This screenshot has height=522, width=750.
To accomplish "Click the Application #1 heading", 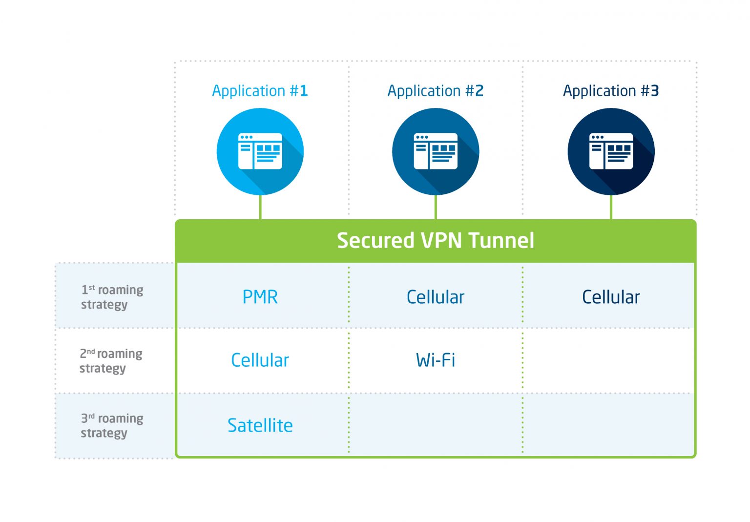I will tap(260, 91).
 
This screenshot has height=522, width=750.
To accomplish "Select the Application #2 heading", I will tap(435, 91).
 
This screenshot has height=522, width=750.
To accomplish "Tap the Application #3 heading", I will tap(610, 91).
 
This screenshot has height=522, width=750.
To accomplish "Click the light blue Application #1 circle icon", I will tap(260, 151).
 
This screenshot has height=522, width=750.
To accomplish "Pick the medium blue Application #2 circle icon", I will tap(435, 151).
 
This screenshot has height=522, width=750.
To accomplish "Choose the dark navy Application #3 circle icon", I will tap(610, 151).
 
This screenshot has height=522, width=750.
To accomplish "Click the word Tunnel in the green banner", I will tap(501, 241).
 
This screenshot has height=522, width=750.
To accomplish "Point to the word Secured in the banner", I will tap(375, 241).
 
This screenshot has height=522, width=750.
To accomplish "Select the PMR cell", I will tap(260, 297).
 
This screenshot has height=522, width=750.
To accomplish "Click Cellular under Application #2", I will tap(435, 297).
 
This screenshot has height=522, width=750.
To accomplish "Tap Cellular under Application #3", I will tap(610, 297).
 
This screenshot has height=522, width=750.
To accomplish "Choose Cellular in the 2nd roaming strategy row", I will tap(260, 360).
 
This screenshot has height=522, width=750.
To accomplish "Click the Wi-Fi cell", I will tap(435, 360).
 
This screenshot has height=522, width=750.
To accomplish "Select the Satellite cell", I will tap(260, 425).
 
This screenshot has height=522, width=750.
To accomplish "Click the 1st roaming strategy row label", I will tap(112, 297).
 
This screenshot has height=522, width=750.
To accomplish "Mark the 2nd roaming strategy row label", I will tap(111, 360).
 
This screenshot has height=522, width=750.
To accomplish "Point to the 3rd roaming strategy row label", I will tap(112, 425).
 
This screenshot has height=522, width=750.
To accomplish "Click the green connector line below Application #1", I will tap(260, 208).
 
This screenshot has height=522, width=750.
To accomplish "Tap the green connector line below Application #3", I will tap(611, 208).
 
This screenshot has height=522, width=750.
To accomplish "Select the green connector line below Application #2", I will tap(436, 208).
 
